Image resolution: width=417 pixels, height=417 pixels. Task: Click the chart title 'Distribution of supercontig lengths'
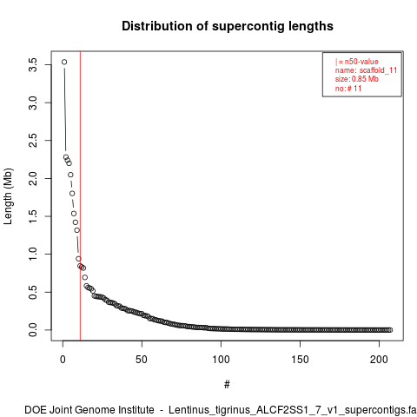(228, 26)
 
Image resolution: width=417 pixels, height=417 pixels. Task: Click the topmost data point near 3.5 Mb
(64, 62)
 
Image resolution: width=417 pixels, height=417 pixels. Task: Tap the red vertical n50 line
(80, 195)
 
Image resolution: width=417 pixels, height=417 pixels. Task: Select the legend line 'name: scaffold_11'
(366, 70)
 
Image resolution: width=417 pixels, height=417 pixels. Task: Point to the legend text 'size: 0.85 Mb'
(357, 79)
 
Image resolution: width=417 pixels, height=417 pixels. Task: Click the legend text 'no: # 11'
(348, 88)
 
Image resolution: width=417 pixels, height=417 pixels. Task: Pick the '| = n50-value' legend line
(357, 62)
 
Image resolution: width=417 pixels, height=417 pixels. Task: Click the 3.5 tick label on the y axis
(33, 65)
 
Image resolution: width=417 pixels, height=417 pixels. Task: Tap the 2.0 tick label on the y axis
(33, 178)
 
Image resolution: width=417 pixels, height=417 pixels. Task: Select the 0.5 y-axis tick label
(33, 292)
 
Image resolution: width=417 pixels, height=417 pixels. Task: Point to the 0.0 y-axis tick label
(33, 330)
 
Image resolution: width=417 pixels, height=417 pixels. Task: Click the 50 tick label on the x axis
(142, 360)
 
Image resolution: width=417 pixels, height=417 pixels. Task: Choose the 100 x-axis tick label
(221, 360)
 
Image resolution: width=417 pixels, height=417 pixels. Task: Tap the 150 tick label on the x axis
(300, 360)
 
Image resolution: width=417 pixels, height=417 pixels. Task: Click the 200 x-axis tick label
(379, 360)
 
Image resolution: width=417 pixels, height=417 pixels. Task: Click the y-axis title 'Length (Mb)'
(8, 196)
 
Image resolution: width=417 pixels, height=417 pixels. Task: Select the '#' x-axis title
(227, 385)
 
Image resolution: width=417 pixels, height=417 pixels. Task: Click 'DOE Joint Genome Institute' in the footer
(89, 410)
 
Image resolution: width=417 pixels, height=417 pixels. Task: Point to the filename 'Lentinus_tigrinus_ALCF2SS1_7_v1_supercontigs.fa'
(293, 410)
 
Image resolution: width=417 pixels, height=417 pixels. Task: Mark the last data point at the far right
(390, 330)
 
